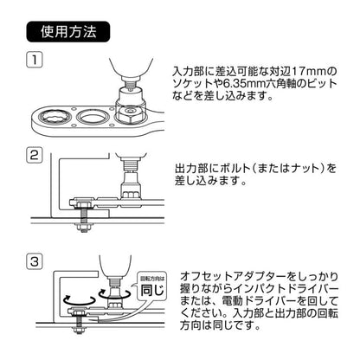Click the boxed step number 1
pyautogui.click(x=33, y=61)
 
